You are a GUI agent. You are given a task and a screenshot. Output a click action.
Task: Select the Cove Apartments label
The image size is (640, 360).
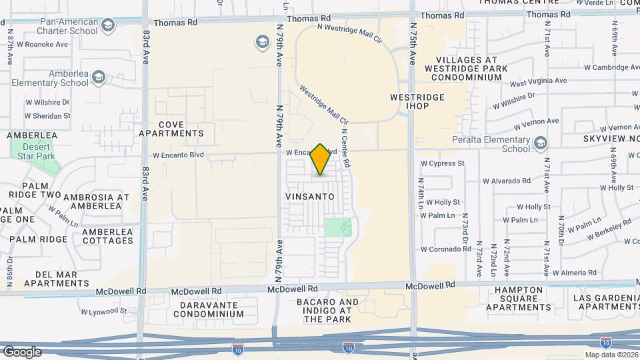[171, 129]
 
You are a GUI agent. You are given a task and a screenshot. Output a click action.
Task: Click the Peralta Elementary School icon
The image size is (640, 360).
[541, 143]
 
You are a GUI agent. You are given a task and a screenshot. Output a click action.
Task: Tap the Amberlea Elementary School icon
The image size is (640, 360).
[99, 78]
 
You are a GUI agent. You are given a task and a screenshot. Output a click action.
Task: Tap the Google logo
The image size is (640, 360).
[22, 351]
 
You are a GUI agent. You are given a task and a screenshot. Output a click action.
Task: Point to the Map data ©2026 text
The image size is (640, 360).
[610, 355]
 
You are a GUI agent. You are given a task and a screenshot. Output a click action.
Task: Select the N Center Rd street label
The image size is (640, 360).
[346, 147]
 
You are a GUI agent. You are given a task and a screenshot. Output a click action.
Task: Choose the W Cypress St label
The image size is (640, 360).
[442, 163]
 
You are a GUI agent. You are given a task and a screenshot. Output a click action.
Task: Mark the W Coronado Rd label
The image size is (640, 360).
[446, 249]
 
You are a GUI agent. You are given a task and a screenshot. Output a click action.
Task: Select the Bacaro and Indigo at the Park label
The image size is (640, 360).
[327, 311]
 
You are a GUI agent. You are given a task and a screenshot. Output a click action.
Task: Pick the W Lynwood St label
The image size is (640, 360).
[103, 311]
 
